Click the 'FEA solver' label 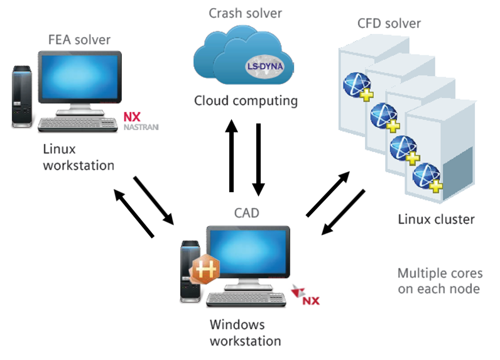[79, 40]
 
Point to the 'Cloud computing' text [245, 101]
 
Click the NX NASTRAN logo [141, 121]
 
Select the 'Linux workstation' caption [79, 157]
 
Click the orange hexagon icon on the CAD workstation [205, 270]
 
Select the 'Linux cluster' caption [436, 219]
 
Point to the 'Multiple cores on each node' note [440, 281]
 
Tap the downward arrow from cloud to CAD [258, 159]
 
